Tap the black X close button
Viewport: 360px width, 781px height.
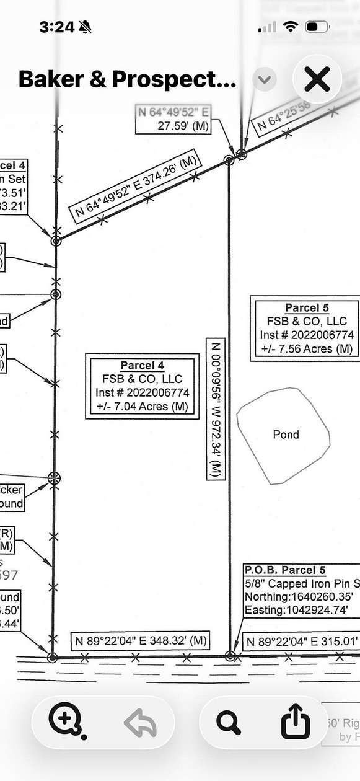317,80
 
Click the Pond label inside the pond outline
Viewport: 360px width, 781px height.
286,435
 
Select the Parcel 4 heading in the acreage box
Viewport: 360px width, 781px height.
142,365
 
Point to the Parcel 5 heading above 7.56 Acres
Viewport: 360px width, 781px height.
307,308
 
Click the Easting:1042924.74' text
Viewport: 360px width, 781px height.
296,611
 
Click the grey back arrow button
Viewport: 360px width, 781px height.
141,722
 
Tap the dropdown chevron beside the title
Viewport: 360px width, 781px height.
265,79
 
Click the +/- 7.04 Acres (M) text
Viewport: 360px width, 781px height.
142,407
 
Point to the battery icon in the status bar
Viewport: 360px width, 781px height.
317,27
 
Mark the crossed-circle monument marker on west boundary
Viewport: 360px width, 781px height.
55,477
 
